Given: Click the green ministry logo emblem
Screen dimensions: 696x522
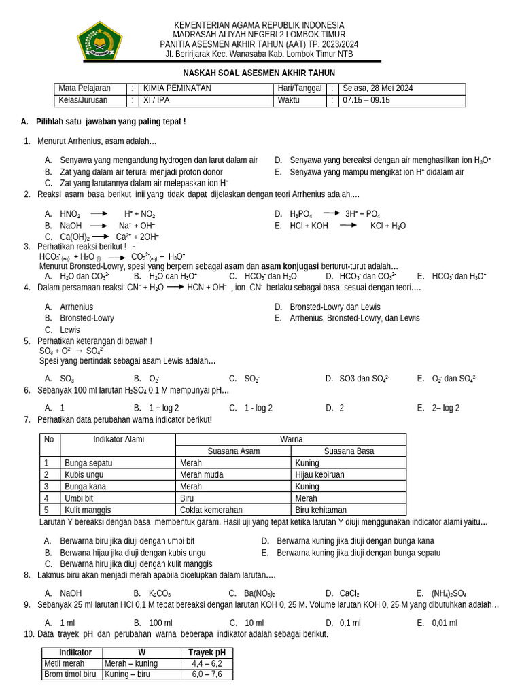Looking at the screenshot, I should (x=99, y=41).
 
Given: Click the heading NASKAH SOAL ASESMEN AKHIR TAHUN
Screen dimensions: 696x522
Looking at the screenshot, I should (x=259, y=73).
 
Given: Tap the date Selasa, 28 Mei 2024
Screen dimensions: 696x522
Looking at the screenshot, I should (x=378, y=88).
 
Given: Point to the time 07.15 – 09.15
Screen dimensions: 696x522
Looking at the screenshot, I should (x=367, y=101).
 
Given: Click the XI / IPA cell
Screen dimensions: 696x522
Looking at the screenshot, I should (x=158, y=101).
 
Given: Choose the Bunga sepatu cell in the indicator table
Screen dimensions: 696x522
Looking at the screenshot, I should (x=88, y=463).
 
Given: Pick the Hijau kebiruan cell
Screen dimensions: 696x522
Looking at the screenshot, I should (x=320, y=474).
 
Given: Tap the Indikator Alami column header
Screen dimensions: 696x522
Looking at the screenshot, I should (x=118, y=440).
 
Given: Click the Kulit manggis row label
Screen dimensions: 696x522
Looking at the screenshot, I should (x=88, y=510).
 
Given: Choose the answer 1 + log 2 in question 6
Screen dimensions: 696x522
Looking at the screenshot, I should (x=164, y=408).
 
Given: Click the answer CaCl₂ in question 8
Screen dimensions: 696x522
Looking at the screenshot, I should (x=349, y=593).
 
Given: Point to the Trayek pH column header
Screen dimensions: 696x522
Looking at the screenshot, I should (x=207, y=652).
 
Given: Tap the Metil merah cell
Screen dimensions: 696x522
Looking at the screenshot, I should (x=65, y=663).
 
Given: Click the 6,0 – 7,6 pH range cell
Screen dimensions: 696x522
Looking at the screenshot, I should (x=207, y=674).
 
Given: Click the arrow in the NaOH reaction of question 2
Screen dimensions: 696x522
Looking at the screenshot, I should (x=100, y=225).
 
